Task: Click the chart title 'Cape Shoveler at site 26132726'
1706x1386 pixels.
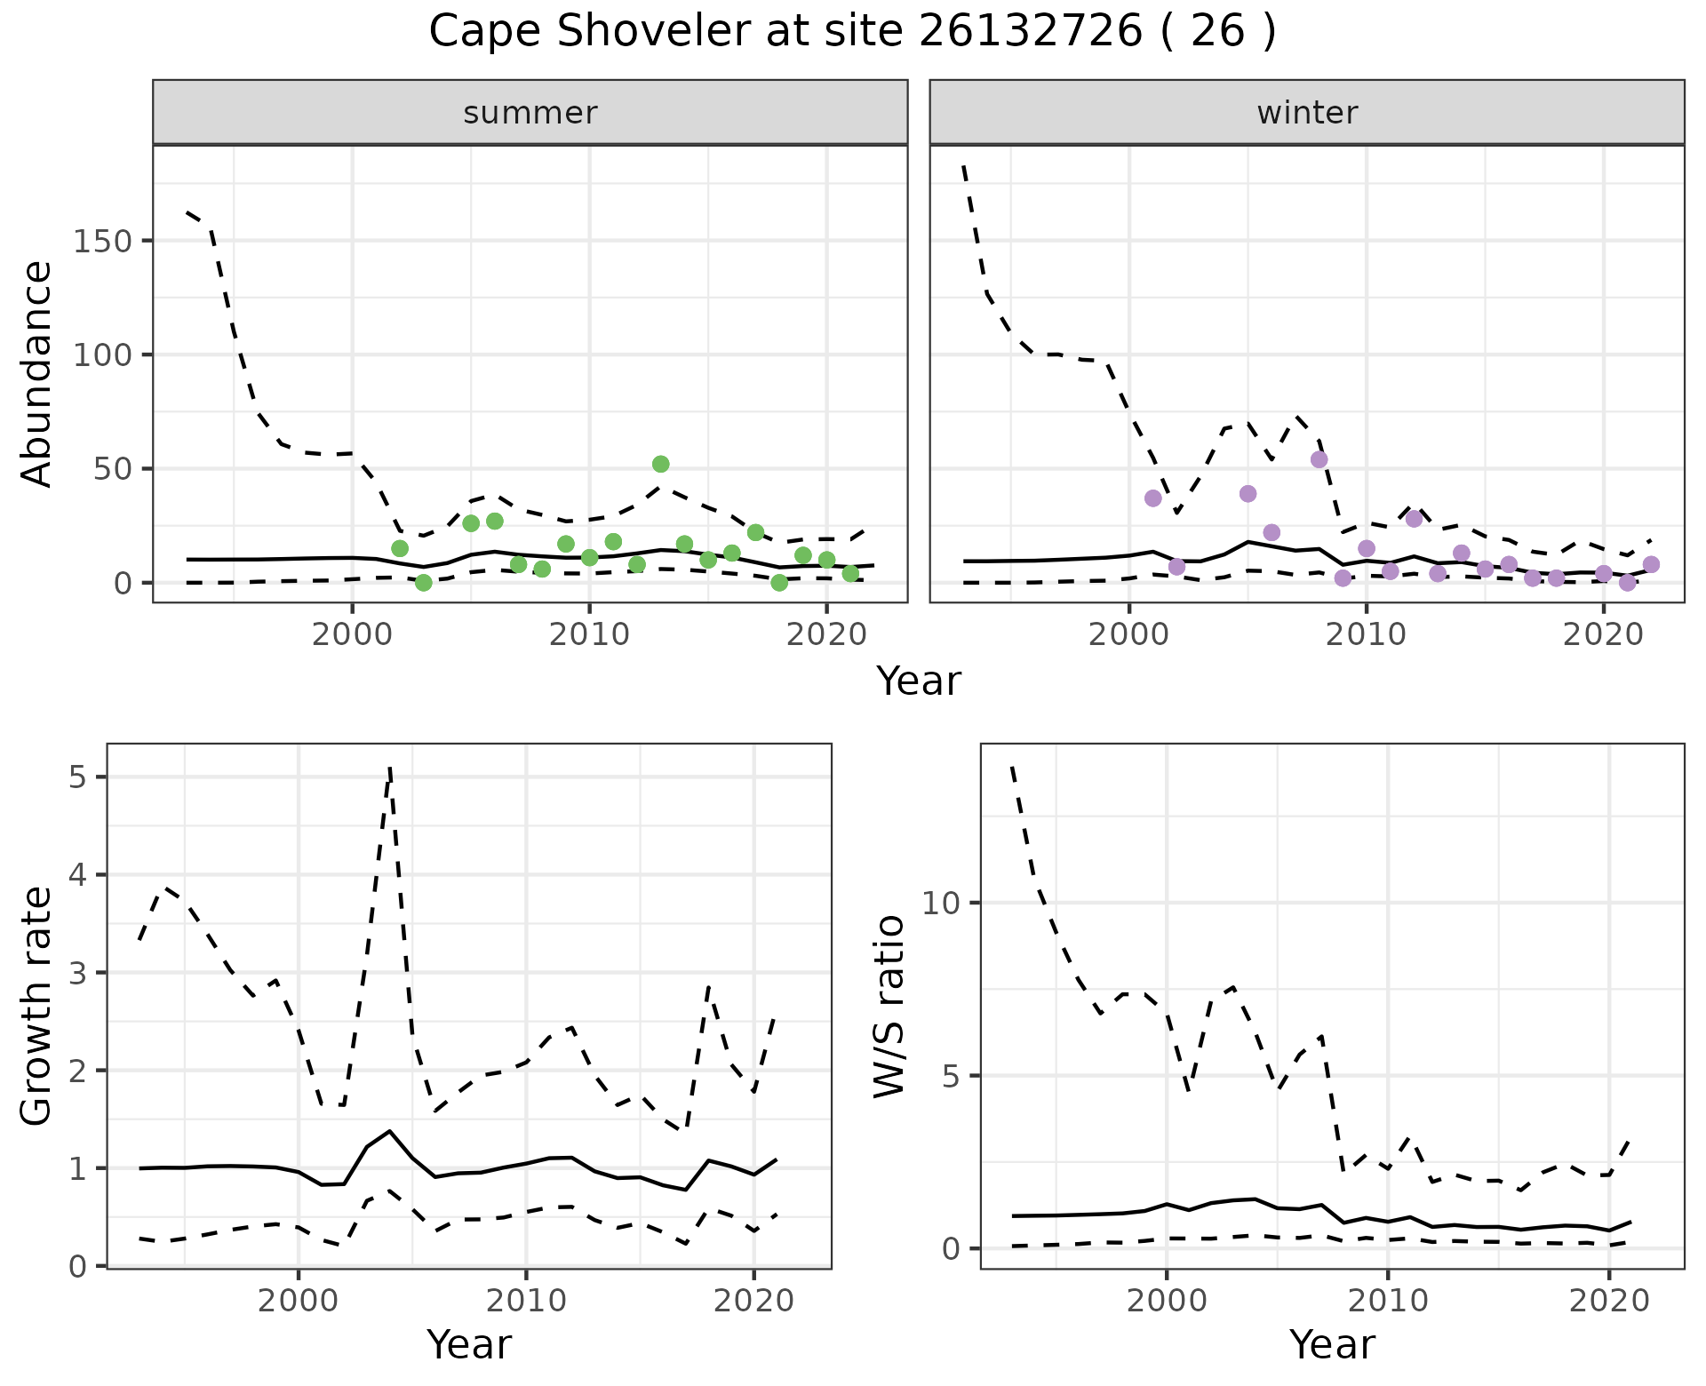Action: [x=851, y=32]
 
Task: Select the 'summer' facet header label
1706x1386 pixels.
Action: [x=530, y=113]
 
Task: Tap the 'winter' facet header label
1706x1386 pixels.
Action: [x=1307, y=113]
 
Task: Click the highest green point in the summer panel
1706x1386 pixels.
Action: [x=660, y=464]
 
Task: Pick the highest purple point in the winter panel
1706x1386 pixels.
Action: [x=1319, y=459]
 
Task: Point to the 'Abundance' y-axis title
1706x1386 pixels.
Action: [x=37, y=373]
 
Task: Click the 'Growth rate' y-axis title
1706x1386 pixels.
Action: [x=37, y=1006]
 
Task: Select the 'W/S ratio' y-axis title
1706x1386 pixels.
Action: [x=889, y=1006]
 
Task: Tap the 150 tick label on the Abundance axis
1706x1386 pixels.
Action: [x=101, y=241]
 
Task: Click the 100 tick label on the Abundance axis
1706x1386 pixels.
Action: [x=101, y=354]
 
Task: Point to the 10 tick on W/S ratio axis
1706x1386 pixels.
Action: [x=943, y=903]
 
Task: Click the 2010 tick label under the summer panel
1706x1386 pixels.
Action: [x=589, y=634]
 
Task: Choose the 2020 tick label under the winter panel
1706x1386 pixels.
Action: [x=1603, y=634]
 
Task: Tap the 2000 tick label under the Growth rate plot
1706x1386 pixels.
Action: [x=299, y=1302]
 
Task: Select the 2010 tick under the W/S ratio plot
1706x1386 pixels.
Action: [x=1387, y=1302]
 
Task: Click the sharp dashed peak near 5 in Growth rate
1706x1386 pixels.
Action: [x=390, y=769]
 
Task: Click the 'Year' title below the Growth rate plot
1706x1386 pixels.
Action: [x=469, y=1344]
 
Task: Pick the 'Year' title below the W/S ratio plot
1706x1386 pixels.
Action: [x=1332, y=1344]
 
